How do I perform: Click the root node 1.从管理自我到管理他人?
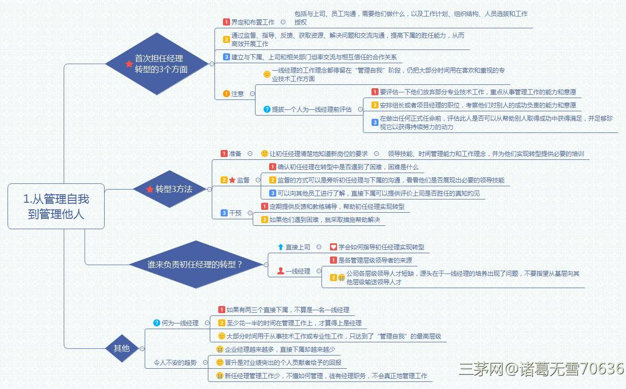[56, 206]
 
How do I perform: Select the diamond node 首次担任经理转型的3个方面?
[157, 64]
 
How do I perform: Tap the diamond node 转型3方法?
[170, 189]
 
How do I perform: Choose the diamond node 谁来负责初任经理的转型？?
[196, 265]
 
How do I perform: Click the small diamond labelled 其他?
[122, 348]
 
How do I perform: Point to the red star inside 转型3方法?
[150, 189]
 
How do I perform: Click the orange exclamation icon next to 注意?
[226, 94]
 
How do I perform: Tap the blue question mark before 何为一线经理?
[157, 323]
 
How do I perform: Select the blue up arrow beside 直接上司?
[280, 247]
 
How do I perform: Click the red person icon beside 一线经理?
[280, 271]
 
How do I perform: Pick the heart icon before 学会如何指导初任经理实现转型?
[333, 247]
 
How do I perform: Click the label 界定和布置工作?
[253, 22]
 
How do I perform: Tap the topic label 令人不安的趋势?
[175, 363]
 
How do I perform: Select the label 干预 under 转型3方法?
[235, 213]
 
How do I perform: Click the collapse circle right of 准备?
[250, 153]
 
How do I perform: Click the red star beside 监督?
[232, 180]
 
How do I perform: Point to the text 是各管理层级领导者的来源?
[375, 260]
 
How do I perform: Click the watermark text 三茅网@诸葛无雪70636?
[542, 369]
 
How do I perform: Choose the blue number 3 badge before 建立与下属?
[226, 57]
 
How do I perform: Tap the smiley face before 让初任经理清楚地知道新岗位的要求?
[264, 153]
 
